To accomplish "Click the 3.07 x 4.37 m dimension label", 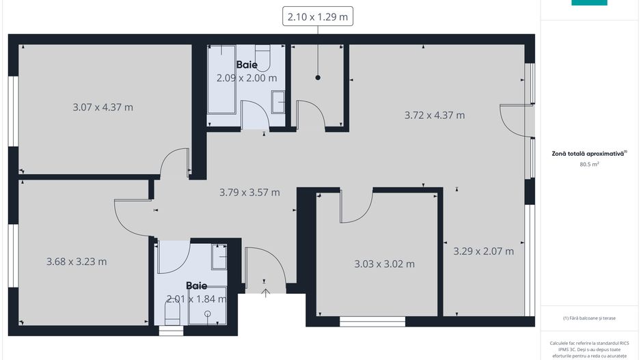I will click(x=103, y=107).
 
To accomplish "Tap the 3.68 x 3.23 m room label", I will click(x=77, y=262).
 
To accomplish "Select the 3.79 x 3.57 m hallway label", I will click(x=249, y=193).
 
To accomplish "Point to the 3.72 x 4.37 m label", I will click(x=435, y=115).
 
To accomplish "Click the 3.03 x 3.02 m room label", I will click(x=384, y=264).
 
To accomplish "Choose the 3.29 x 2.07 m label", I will click(x=483, y=251).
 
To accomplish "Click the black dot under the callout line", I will click(x=318, y=78).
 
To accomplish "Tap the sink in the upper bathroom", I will click(x=278, y=102).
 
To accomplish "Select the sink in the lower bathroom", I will click(x=219, y=257).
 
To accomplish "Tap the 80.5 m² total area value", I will click(x=589, y=165).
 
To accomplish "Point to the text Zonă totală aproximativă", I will click(x=589, y=154).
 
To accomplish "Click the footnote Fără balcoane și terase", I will click(x=589, y=318).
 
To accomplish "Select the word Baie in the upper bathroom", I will click(x=247, y=65).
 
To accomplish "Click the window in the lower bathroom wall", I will click(x=171, y=331).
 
